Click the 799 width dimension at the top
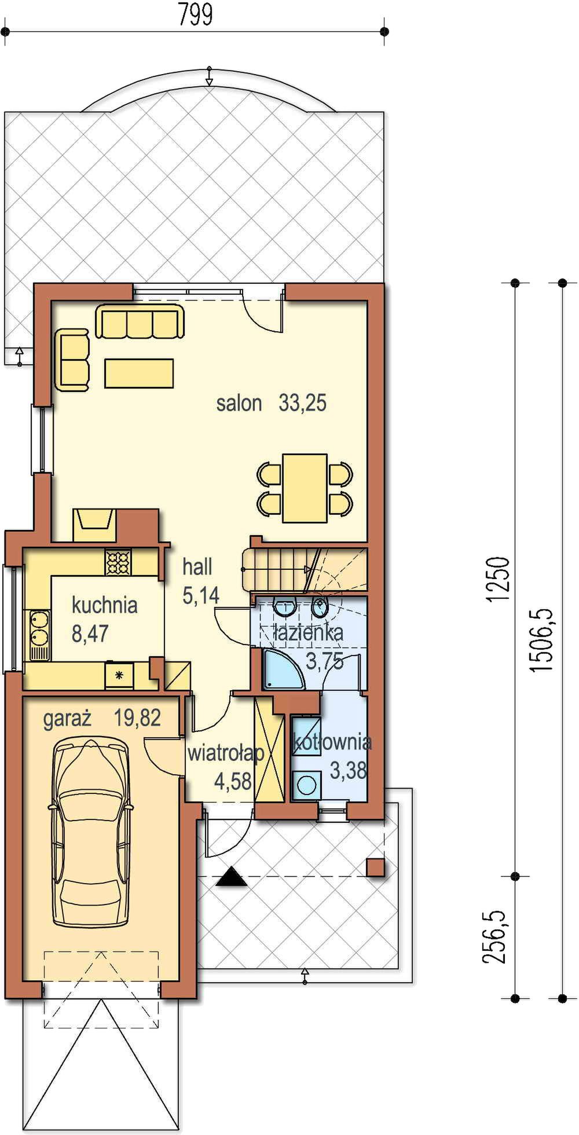point(195,14)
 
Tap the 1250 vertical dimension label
point(498,579)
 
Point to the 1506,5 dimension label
point(543,640)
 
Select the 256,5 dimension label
point(494,938)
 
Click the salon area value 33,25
point(302,402)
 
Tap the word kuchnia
point(105,605)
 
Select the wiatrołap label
point(225,753)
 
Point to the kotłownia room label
point(332,742)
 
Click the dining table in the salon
point(305,488)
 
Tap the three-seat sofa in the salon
point(140,321)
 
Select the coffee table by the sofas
point(139,373)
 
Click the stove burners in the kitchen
point(118,562)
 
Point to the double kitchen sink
point(39,635)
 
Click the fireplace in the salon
point(94,525)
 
